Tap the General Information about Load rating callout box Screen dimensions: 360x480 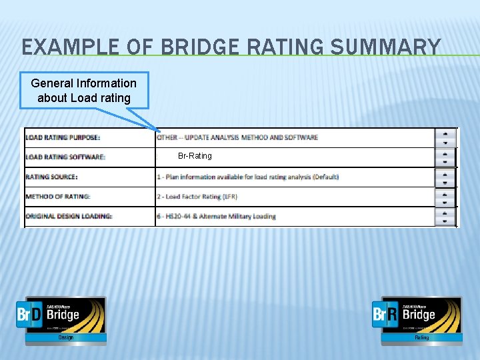click(84, 91)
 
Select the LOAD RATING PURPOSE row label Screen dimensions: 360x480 click(63, 137)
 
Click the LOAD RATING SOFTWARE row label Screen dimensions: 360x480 click(65, 157)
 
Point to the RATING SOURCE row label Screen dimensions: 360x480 click(51, 177)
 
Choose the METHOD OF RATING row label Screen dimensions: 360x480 click(58, 197)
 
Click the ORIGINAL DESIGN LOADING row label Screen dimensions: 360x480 click(69, 216)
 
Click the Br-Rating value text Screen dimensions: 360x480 click(195, 156)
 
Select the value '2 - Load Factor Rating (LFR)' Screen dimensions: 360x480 click(197, 197)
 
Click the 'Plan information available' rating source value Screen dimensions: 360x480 click(247, 177)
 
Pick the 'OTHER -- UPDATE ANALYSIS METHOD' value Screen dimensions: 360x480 click(237, 137)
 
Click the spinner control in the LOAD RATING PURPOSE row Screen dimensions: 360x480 click(445, 137)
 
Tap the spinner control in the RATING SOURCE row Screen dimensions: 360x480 click(445, 177)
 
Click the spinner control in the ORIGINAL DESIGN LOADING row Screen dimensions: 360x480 click(445, 216)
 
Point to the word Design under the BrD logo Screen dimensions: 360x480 click(65, 338)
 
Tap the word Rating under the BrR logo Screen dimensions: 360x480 click(421, 338)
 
